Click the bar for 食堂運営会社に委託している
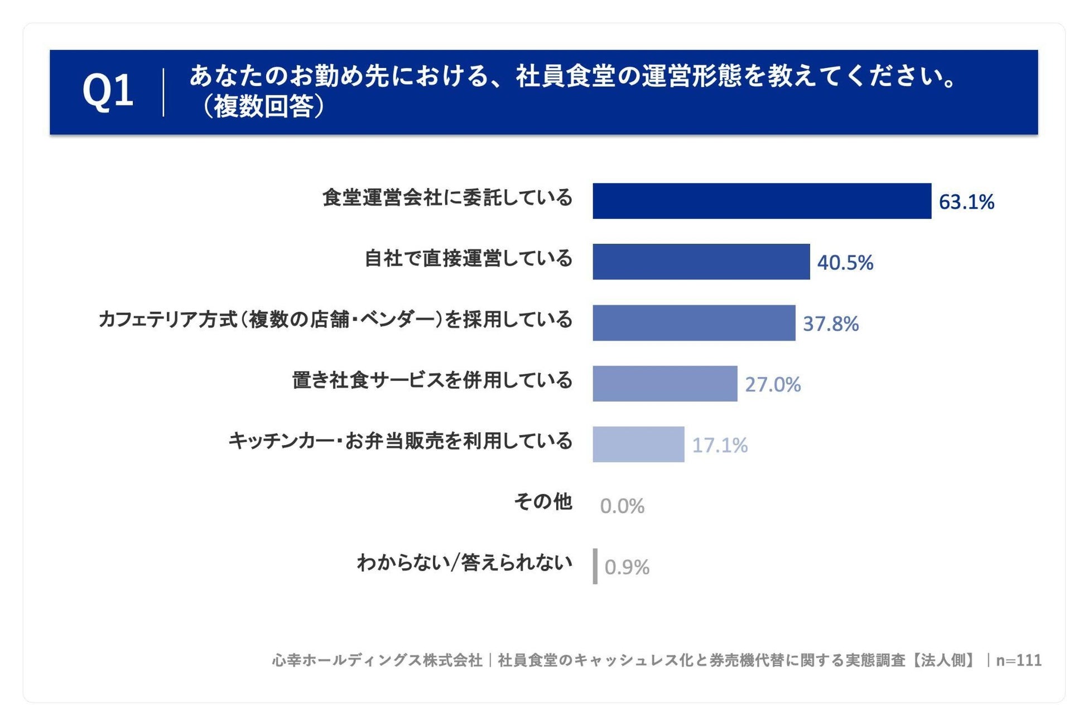(762, 201)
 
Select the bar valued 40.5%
(701, 262)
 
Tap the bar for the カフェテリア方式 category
(694, 322)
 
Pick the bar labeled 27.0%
(665, 383)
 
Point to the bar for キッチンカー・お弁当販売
(638, 444)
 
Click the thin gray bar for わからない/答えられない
(595, 566)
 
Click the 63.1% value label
(966, 202)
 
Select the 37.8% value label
(831, 323)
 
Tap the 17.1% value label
(720, 445)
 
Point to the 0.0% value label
(622, 506)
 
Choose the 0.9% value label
(627, 567)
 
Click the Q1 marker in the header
(108, 91)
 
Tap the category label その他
(543, 502)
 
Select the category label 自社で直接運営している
(469, 258)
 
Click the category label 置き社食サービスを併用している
(432, 380)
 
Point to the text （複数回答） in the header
(263, 106)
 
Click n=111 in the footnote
(1019, 660)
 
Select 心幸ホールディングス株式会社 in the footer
(377, 660)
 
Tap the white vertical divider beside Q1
(163, 92)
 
